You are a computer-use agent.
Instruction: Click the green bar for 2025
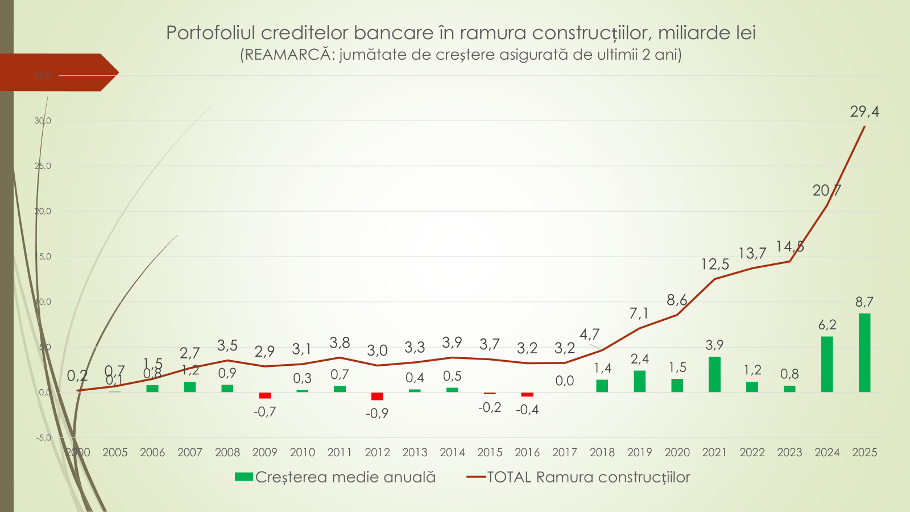864,353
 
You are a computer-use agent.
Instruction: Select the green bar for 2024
827,364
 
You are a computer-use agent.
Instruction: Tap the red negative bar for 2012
377,396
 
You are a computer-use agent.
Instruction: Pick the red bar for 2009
264,395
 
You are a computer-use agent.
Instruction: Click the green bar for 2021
714,374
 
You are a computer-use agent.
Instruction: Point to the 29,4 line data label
864,112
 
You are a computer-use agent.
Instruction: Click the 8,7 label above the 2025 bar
864,302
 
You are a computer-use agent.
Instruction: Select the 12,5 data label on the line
714,265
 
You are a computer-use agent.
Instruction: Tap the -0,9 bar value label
377,413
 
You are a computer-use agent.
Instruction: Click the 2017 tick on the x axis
565,452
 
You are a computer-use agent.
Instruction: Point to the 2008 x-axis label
227,452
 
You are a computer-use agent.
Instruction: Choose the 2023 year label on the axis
789,452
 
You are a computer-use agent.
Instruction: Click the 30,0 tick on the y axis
43,121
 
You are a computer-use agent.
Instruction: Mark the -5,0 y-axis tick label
44,437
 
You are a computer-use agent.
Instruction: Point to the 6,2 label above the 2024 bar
827,325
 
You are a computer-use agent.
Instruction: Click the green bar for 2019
639,381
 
